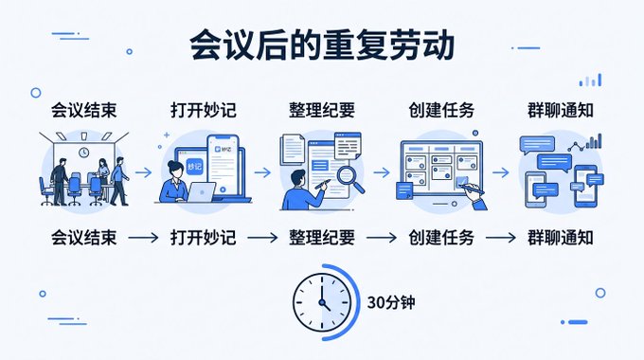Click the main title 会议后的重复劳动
point(322,45)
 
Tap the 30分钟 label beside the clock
point(390,302)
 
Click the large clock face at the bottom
point(322,302)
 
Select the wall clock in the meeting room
point(83,153)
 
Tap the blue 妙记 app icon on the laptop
point(194,167)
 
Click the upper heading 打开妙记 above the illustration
point(204,110)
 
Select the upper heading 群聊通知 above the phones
point(561,110)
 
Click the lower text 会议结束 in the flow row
point(83,238)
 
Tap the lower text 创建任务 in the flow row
point(441,238)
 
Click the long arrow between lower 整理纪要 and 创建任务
point(381,238)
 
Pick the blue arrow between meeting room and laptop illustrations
point(143,172)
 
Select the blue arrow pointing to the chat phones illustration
point(501,172)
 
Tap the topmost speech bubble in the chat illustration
point(537,145)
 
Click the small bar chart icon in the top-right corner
point(590,81)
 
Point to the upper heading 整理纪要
point(322,110)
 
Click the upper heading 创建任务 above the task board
point(441,110)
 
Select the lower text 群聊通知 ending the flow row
point(561,238)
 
